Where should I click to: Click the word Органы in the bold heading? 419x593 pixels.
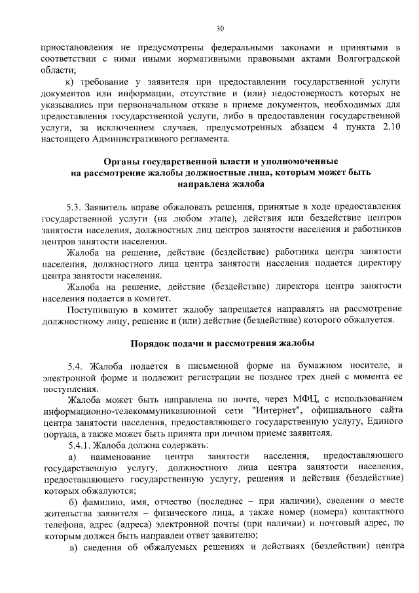(x=124, y=161)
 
